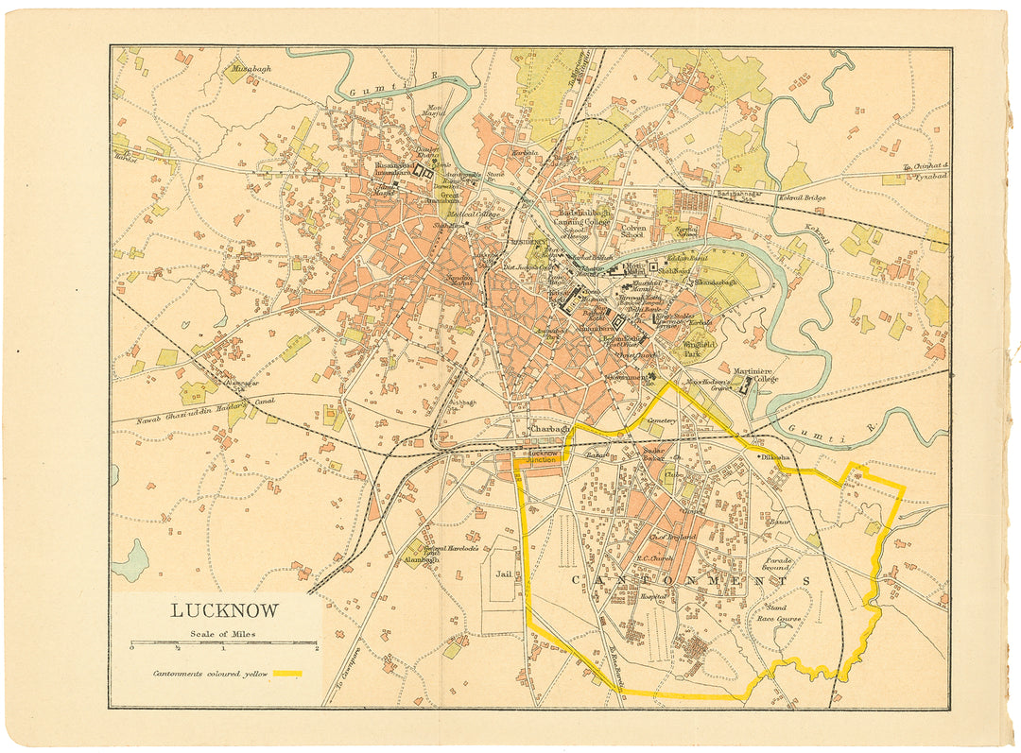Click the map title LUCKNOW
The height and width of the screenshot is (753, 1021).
pos(224,610)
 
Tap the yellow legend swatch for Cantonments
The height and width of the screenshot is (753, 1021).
pos(287,674)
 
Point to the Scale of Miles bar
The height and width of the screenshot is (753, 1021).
pos(224,642)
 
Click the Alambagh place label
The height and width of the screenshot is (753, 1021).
pos(420,559)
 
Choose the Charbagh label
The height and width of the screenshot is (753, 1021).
pos(547,428)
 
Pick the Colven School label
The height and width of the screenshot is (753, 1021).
pos(632,231)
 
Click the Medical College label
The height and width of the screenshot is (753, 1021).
pos(474,214)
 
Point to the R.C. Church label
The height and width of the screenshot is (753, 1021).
pos(654,557)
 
